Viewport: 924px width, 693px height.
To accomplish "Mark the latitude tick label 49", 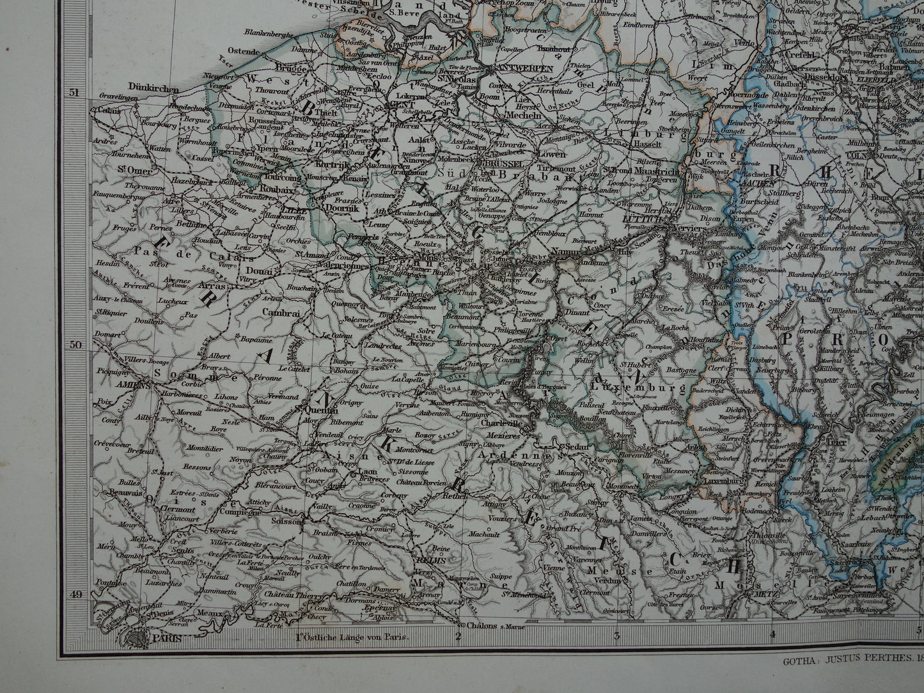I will click(75, 595).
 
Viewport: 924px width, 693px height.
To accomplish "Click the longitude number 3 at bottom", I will click(617, 635).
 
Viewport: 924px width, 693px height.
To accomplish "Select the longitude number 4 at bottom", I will click(772, 635).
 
